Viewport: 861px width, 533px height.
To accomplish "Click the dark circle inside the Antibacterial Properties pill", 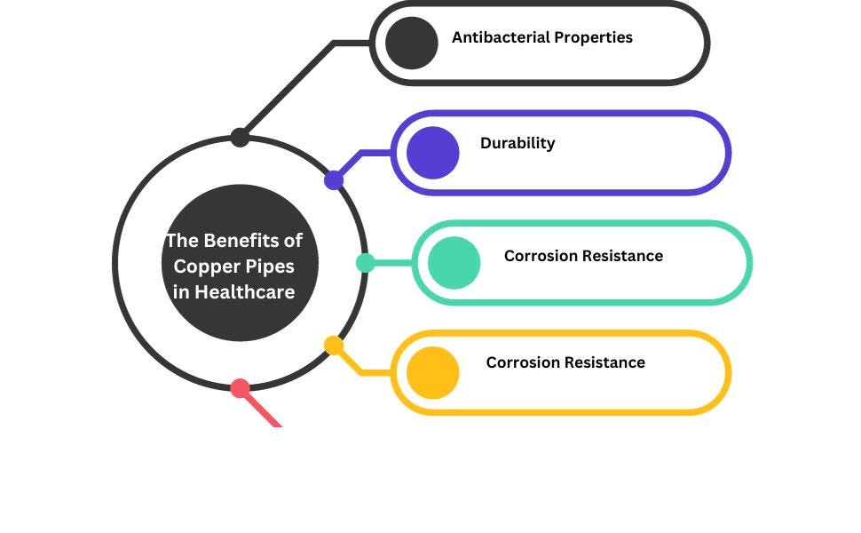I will click(412, 43).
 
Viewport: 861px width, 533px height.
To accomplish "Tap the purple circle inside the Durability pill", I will click(432, 153).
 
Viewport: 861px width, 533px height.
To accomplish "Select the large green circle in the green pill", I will click(454, 263).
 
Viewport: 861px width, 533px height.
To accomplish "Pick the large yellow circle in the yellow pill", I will click(432, 373).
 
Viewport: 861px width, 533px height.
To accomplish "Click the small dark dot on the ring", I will click(240, 137).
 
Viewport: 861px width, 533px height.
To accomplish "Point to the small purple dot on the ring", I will click(334, 180).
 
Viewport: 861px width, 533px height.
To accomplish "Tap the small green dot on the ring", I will click(365, 263).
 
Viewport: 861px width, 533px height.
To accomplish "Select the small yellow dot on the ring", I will click(334, 346).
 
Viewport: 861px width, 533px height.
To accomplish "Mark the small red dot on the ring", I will click(240, 388).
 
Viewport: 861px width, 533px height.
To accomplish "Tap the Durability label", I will click(517, 143).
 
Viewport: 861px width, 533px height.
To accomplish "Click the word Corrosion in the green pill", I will click(541, 256).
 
